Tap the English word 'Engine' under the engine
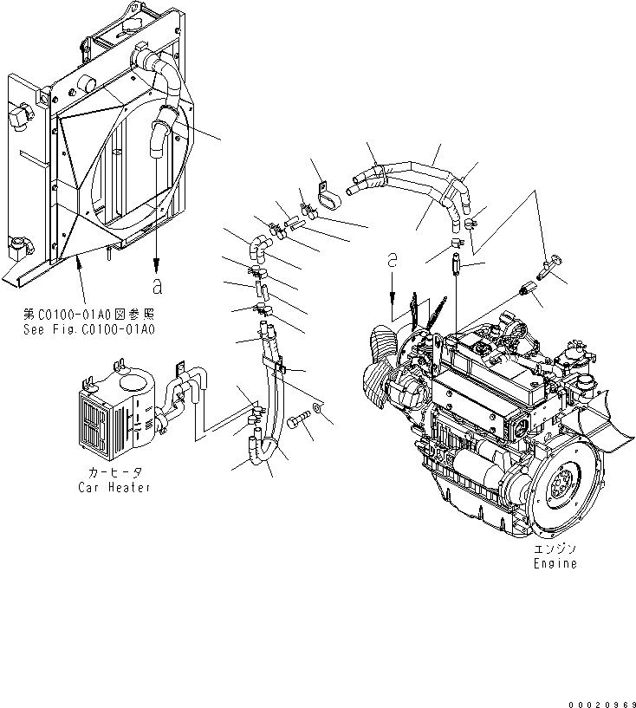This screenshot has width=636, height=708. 555,563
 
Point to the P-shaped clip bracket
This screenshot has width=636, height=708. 328,198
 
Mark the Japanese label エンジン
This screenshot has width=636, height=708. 555,549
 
